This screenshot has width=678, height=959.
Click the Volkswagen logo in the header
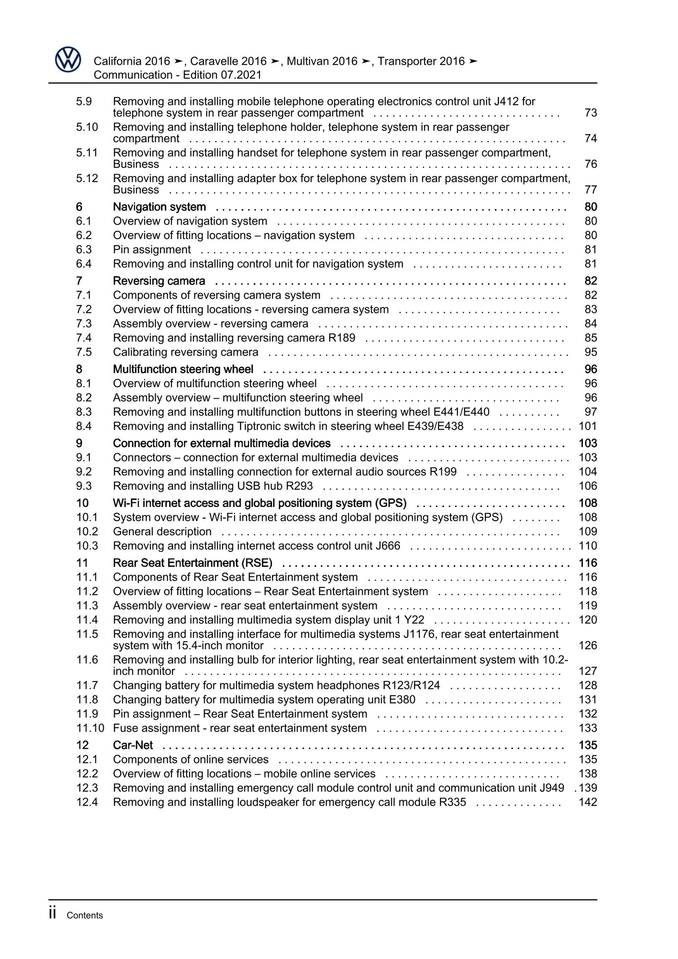[x=68, y=60]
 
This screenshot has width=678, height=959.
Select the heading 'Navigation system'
[x=159, y=207]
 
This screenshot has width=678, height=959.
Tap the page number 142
[x=588, y=802]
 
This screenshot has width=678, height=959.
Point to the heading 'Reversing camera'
[x=159, y=281]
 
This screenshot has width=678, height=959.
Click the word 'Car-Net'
[x=133, y=745]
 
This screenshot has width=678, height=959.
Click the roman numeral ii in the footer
[x=52, y=913]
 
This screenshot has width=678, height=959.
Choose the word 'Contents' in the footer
[x=84, y=916]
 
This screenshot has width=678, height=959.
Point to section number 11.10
[x=90, y=728]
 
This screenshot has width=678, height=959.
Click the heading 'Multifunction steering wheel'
[x=183, y=369]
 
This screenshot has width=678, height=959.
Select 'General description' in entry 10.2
[x=162, y=532]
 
